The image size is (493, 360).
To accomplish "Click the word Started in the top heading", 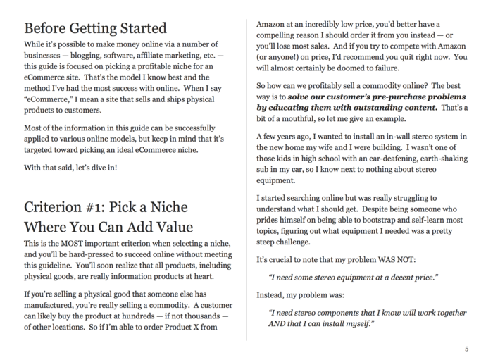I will (x=142, y=29).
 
